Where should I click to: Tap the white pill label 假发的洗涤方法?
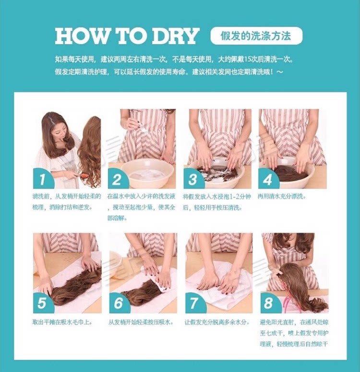point(256,36)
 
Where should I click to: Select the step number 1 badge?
point(42,179)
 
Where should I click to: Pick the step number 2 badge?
point(117,179)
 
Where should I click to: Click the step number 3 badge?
point(193,179)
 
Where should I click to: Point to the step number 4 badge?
point(268,179)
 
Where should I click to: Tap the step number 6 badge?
point(119,303)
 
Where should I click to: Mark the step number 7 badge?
point(195,303)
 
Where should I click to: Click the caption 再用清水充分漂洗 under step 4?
point(281,197)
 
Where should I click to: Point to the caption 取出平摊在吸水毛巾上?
point(62,322)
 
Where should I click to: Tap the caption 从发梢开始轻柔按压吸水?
point(141,322)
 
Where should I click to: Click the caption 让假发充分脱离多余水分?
point(217,322)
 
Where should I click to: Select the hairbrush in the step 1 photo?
point(79,177)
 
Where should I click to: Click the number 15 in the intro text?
point(247,59)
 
